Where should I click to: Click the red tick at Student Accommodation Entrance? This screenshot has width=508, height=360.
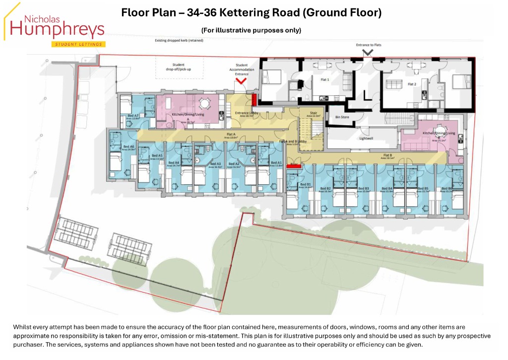(242, 80)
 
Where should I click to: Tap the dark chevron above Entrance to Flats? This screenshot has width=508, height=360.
(368, 52)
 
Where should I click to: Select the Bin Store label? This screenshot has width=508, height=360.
(342, 118)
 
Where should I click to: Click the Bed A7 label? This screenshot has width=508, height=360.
(127, 116)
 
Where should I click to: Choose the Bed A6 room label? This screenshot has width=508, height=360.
(128, 147)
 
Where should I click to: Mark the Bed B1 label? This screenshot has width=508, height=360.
(305, 185)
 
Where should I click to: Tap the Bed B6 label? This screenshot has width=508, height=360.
(446, 189)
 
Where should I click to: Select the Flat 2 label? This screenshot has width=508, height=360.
(412, 84)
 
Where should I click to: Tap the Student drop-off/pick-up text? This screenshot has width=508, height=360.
(178, 67)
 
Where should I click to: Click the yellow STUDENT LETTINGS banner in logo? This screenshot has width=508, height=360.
(78, 44)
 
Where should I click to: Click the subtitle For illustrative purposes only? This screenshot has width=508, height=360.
(251, 30)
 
